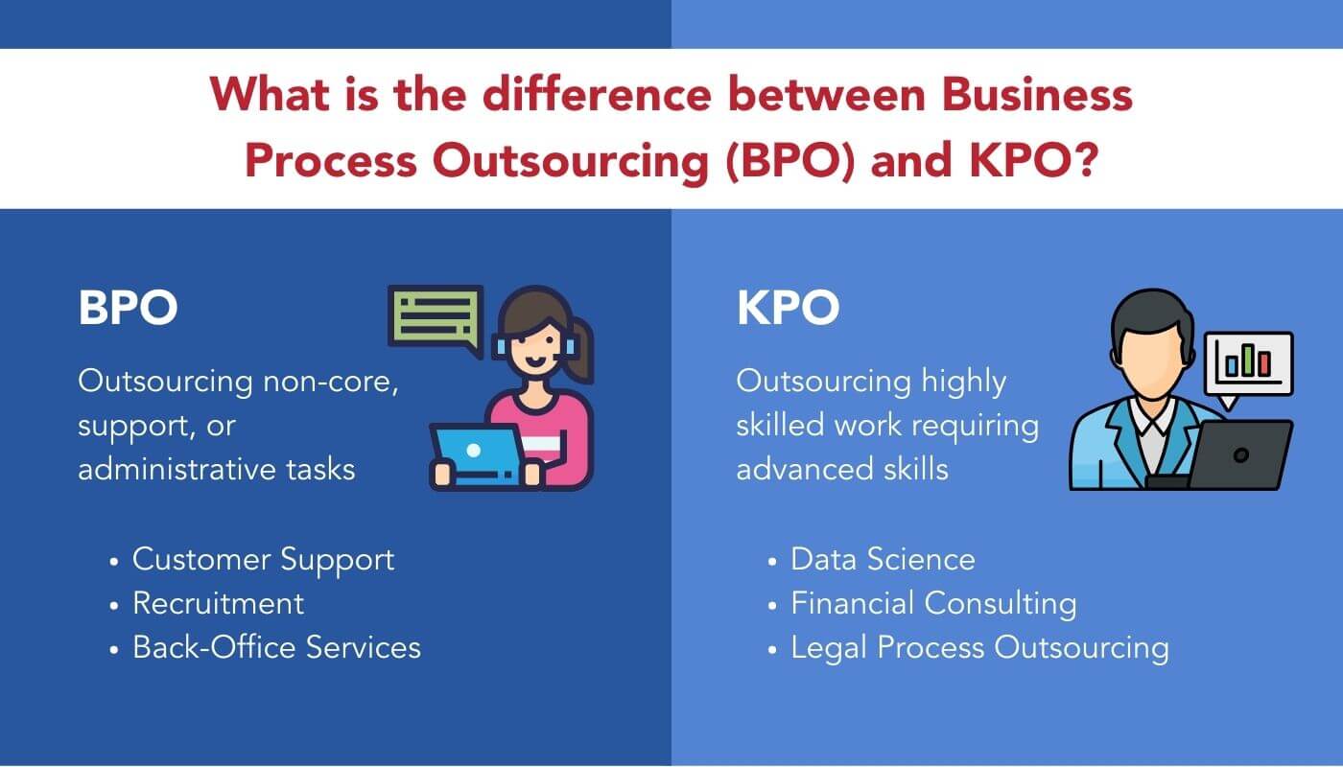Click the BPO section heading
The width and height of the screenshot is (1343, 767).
128,309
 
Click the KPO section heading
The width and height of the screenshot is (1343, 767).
788,309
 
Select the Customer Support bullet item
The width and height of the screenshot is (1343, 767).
263,559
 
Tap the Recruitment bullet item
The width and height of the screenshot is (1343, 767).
218,603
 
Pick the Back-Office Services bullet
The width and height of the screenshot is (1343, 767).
276,647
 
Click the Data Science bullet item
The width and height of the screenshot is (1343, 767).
883,559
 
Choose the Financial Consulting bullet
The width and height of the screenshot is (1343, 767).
933,603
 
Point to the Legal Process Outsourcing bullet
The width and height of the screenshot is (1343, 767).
979,647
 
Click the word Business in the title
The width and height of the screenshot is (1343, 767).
1037,96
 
